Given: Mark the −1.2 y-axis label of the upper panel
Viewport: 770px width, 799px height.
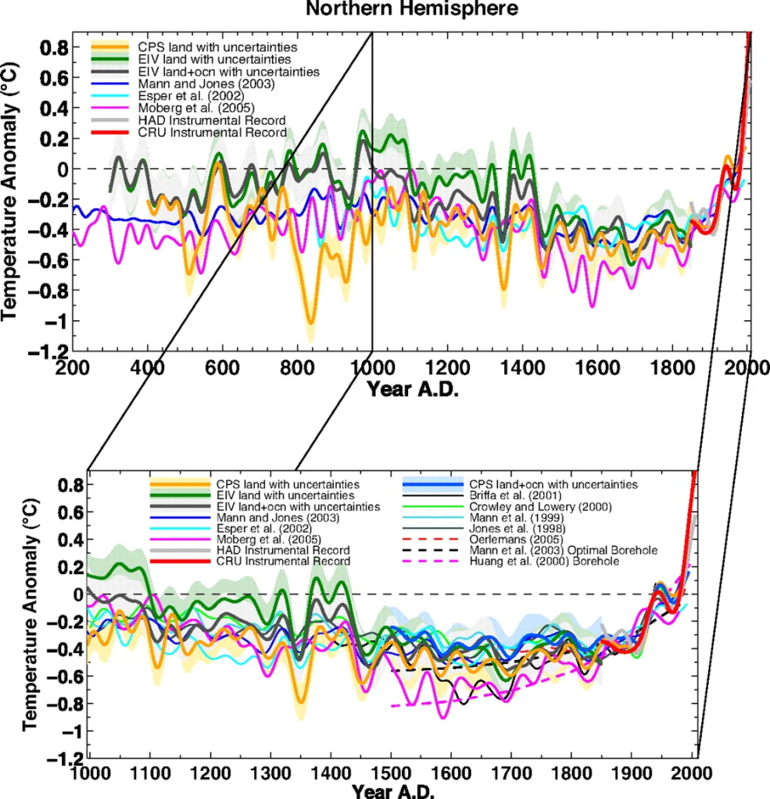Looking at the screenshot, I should (48, 351).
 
